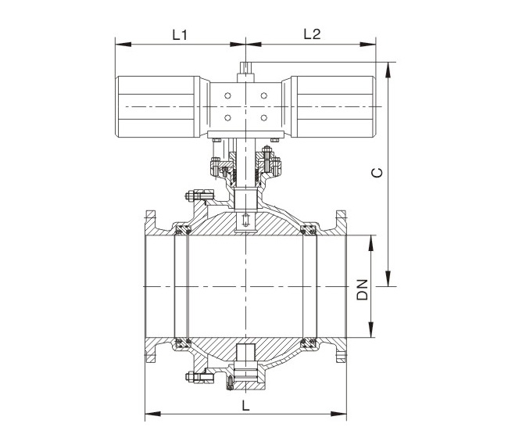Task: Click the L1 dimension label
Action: click(180, 35)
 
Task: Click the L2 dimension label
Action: click(312, 34)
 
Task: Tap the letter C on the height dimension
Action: click(377, 173)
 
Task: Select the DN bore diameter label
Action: click(363, 289)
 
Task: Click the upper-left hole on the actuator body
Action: click(227, 95)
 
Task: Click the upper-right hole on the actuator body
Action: click(264, 95)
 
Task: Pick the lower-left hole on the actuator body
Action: click(227, 117)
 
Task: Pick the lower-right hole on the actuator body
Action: click(264, 117)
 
